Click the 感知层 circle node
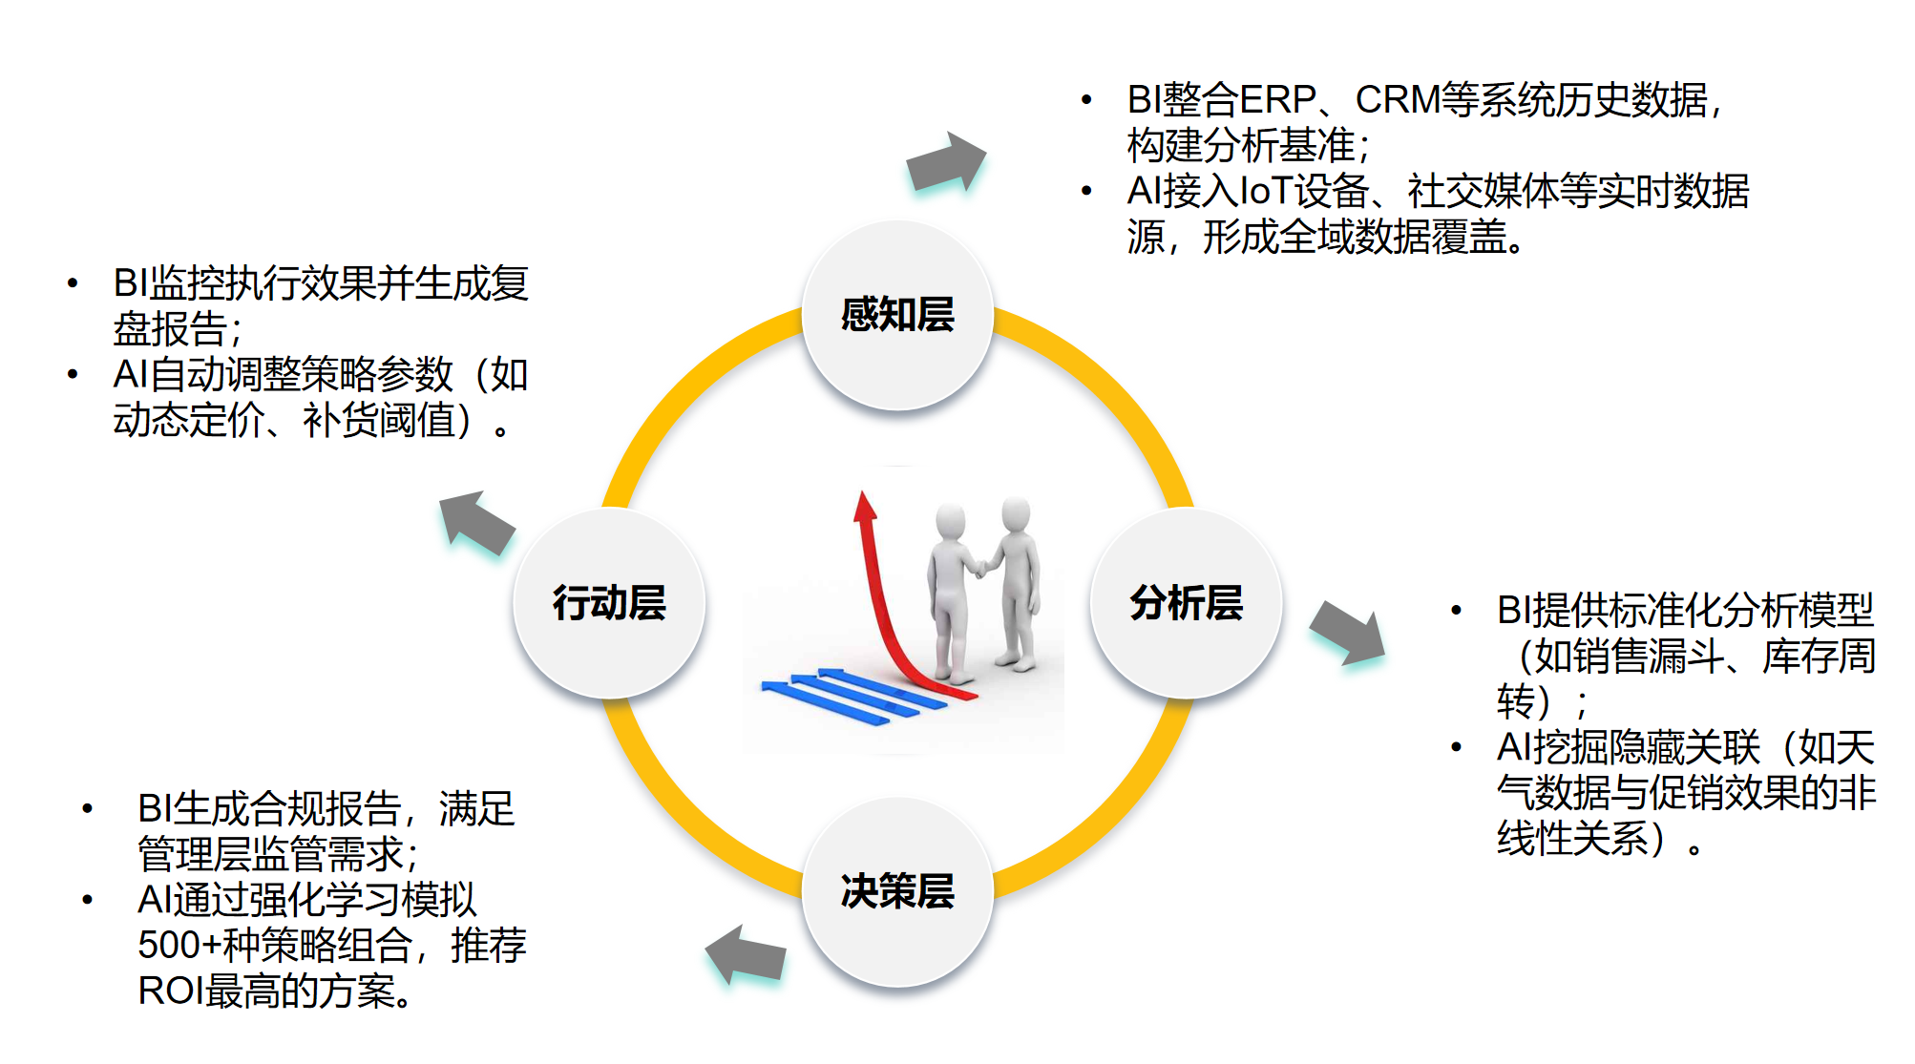click(897, 315)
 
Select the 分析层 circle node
click(1186, 603)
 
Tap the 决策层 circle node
click(897, 891)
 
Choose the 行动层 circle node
click(609, 603)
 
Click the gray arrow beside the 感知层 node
click(945, 162)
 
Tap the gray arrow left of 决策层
click(746, 954)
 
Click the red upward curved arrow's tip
click(864, 501)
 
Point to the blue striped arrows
click(840, 694)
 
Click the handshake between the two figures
click(980, 568)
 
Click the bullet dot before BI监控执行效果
click(73, 282)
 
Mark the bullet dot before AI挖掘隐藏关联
click(1456, 747)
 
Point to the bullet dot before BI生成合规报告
click(88, 809)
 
